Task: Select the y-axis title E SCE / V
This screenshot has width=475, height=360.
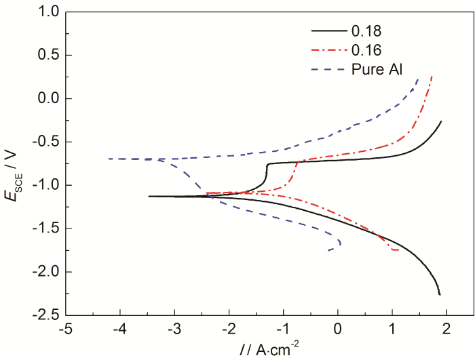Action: pos(15,163)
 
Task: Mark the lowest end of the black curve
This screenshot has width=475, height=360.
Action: pos(440,295)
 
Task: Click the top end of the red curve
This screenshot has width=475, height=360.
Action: pos(432,76)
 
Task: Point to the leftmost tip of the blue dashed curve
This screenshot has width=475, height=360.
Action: pos(108,159)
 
